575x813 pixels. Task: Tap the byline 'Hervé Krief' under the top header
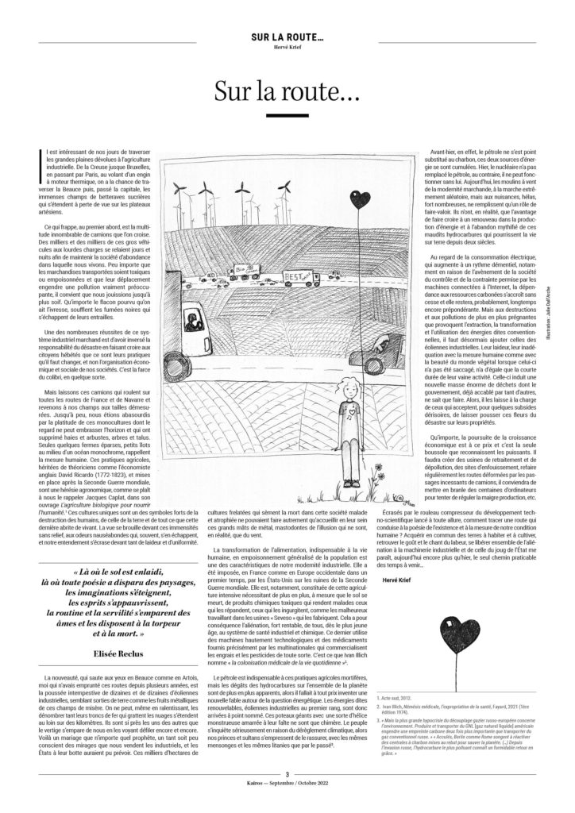pos(287,46)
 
